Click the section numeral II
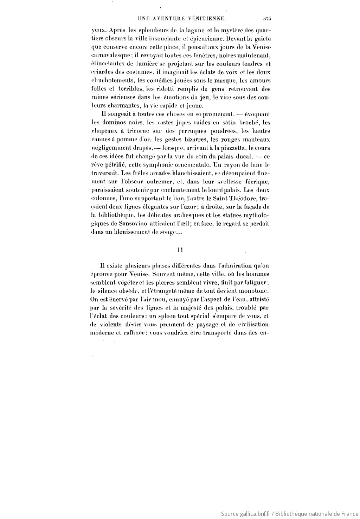180,250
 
